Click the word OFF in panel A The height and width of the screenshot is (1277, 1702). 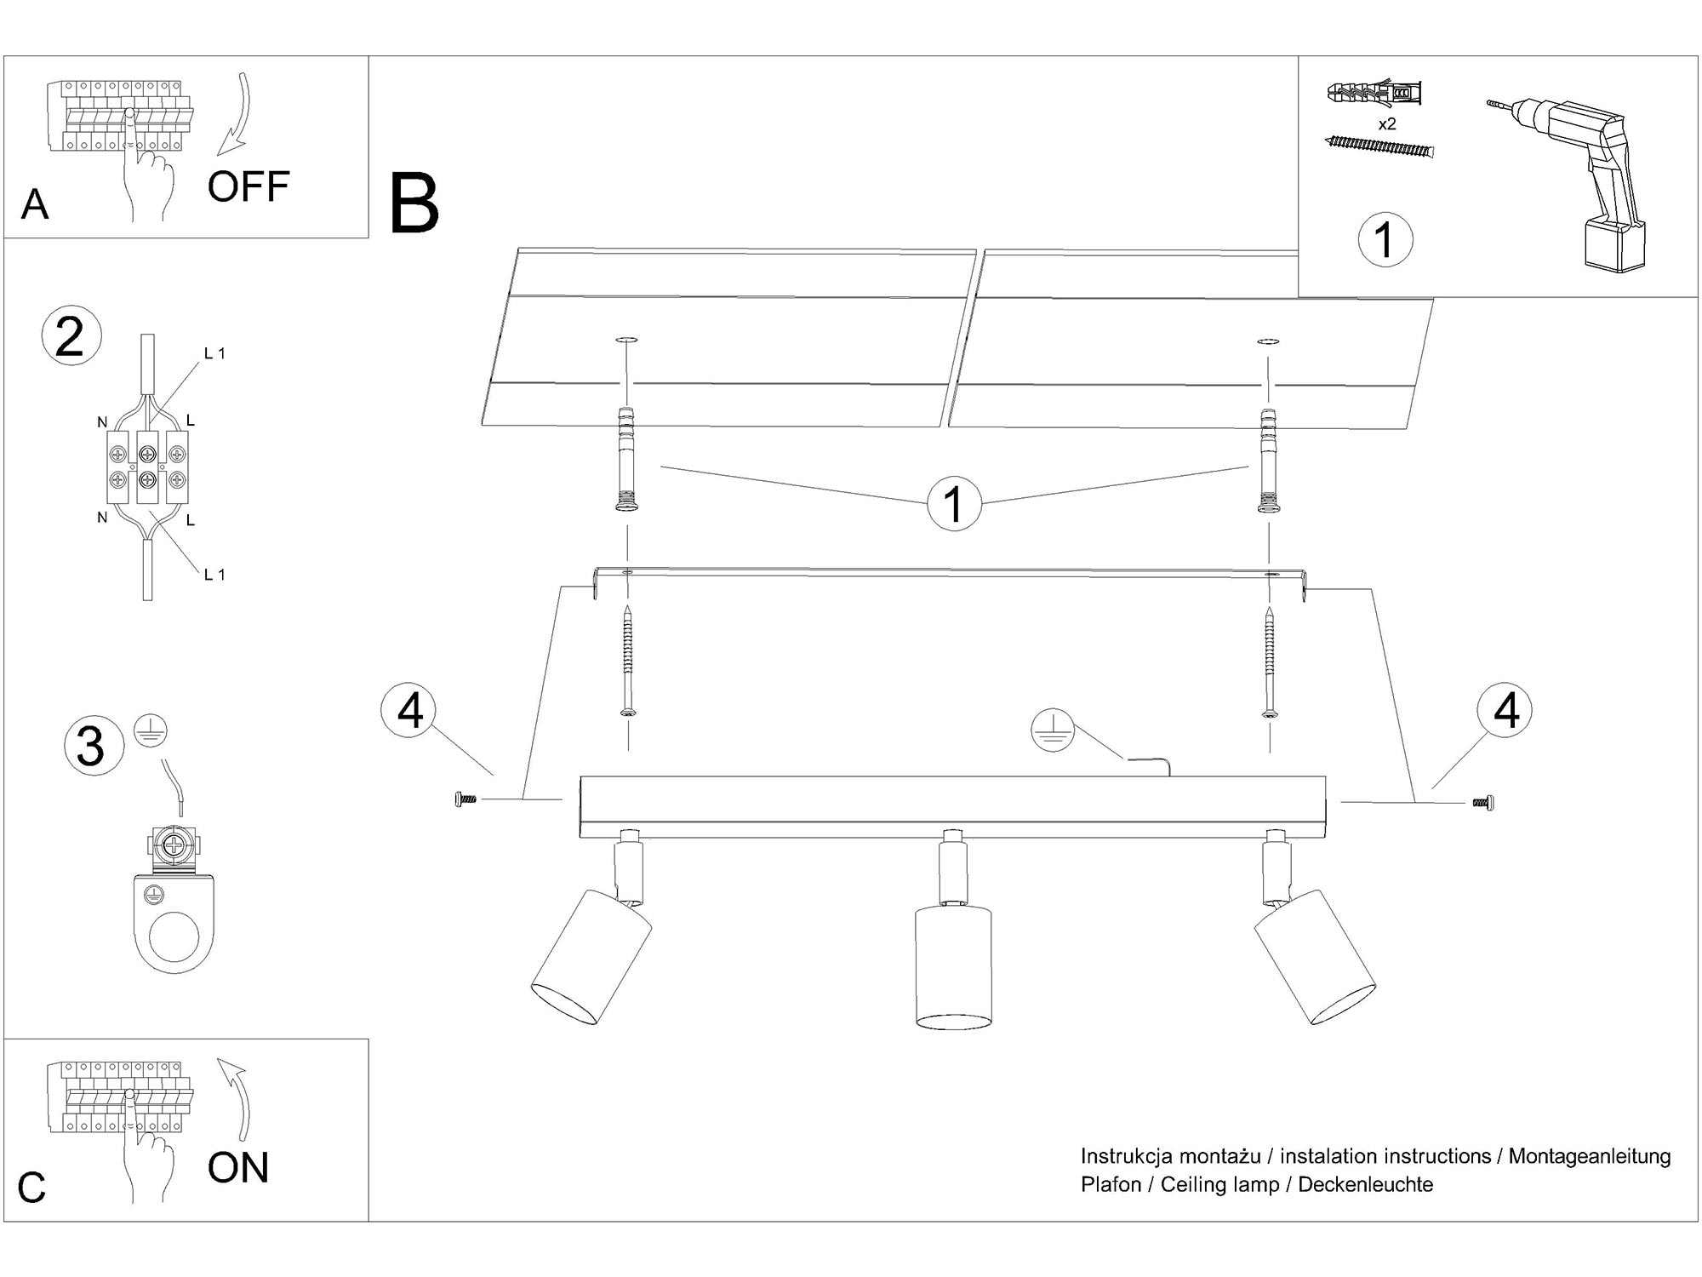[248, 186]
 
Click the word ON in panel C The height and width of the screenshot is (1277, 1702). [238, 1167]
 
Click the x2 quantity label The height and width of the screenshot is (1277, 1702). [1387, 124]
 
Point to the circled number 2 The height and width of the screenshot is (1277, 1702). [71, 337]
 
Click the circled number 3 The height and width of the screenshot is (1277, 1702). [92, 747]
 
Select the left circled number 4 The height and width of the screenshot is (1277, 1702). [410, 710]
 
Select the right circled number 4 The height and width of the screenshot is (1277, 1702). [1505, 710]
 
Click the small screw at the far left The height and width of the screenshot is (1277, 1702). [465, 799]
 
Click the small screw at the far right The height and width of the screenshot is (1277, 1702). [1482, 802]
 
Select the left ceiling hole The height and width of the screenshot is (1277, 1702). [626, 341]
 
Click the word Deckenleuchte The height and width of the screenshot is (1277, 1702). [1365, 1184]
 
